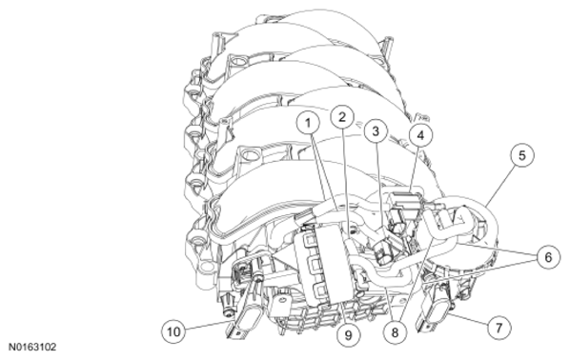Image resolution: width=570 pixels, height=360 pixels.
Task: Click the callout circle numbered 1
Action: (308, 123)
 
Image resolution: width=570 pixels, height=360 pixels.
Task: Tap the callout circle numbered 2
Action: (342, 117)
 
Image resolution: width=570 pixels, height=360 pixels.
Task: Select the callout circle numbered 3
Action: (376, 130)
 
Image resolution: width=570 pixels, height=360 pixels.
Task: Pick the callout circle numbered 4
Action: (420, 135)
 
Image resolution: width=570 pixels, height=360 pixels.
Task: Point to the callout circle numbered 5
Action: (522, 155)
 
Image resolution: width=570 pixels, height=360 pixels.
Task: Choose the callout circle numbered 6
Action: (548, 257)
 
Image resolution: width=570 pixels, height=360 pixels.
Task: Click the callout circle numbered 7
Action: (499, 328)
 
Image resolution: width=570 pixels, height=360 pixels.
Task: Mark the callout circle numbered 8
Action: (396, 332)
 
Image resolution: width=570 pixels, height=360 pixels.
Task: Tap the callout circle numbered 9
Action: (348, 335)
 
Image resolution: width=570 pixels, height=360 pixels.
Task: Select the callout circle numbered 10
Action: (173, 331)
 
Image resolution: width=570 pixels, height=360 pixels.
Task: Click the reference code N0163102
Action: (32, 348)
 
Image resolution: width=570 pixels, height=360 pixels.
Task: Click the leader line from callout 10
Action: (208, 327)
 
